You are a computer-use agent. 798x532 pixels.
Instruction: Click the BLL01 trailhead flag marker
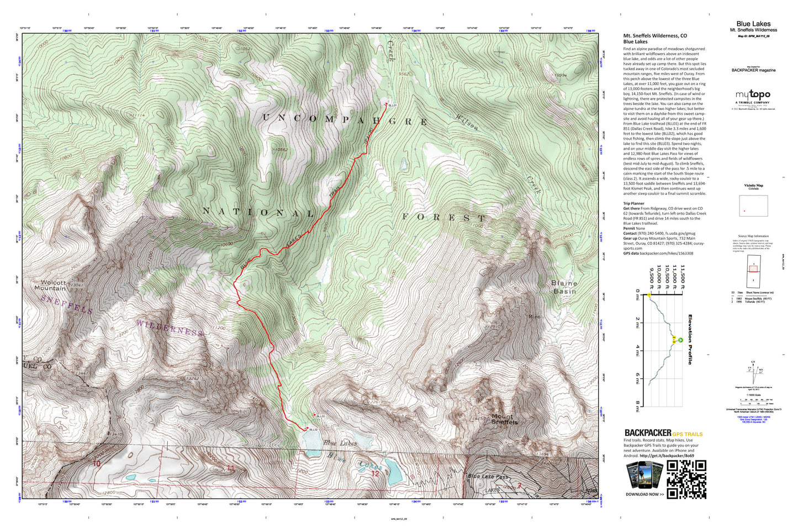[x=386, y=104]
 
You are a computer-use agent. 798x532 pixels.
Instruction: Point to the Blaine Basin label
[x=564, y=287]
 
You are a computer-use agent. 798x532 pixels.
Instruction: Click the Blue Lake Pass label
[x=488, y=476]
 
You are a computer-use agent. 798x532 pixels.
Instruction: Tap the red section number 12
[x=375, y=473]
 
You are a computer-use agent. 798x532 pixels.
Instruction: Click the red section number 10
[x=97, y=463]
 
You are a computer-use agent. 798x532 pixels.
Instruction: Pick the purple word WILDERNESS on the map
[x=169, y=328]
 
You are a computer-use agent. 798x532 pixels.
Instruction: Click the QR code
[x=686, y=479]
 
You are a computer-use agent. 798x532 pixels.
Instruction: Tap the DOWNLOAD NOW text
[x=644, y=494]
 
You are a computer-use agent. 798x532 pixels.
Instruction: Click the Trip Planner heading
[x=633, y=203]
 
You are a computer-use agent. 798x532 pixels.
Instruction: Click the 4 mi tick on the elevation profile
[x=637, y=350]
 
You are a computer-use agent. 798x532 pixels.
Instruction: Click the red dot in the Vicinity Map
[x=744, y=211]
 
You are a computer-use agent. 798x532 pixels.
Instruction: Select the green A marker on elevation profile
[x=681, y=340]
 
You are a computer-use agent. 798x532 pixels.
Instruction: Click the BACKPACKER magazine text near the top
[x=753, y=70]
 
